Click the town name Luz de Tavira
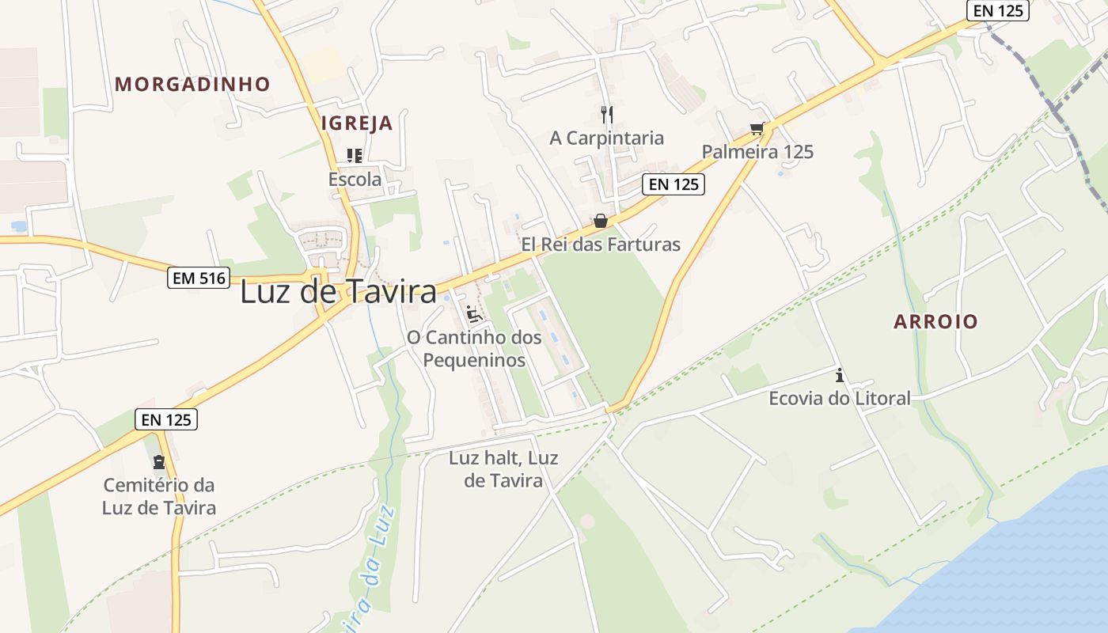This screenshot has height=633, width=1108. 338,292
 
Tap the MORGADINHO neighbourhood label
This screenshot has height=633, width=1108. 192,84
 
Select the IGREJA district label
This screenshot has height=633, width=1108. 357,123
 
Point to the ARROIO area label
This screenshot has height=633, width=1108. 935,321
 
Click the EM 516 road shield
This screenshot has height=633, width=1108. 198,278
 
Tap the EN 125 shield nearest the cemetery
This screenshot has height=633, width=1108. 166,419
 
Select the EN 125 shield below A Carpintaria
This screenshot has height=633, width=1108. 673,184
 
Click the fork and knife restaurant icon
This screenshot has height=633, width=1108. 607,115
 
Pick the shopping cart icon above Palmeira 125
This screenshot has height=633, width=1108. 757,129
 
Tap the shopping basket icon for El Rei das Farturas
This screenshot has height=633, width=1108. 601,221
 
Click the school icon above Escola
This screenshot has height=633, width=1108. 355,156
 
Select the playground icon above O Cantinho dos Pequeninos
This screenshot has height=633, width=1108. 474,314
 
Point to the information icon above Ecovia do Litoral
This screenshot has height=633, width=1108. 840,376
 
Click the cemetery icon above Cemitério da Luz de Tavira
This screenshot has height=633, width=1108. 159,461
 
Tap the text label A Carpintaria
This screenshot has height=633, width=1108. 607,138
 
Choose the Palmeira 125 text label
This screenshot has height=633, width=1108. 757,152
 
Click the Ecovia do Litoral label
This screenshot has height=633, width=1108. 840,398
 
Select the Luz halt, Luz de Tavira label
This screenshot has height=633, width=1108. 503,469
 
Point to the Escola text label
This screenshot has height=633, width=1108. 355,180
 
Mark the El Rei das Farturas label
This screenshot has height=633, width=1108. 601,244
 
